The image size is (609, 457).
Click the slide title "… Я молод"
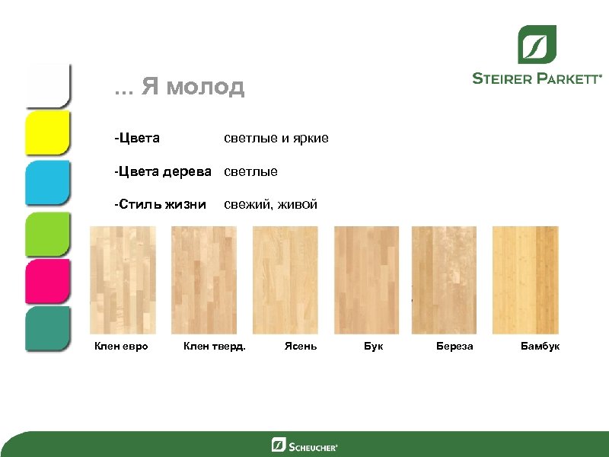click(180, 88)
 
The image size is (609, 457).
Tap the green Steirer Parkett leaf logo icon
click(537, 44)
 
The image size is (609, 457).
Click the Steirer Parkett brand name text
click(537, 78)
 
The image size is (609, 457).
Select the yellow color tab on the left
click(48, 133)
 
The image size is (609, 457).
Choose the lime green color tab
click(48, 232)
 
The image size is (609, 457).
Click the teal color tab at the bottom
click(48, 328)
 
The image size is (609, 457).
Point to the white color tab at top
click(48, 84)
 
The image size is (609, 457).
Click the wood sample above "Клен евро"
click(123, 280)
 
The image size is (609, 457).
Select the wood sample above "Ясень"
click(285, 280)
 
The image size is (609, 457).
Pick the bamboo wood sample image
click(525, 280)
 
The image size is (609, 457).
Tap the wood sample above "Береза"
click(445, 280)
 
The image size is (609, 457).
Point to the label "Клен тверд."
click(215, 347)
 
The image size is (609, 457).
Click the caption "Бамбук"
click(540, 347)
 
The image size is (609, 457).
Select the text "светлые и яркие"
click(276, 139)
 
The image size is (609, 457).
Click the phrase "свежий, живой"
click(270, 205)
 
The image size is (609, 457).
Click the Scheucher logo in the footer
click(304, 445)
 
